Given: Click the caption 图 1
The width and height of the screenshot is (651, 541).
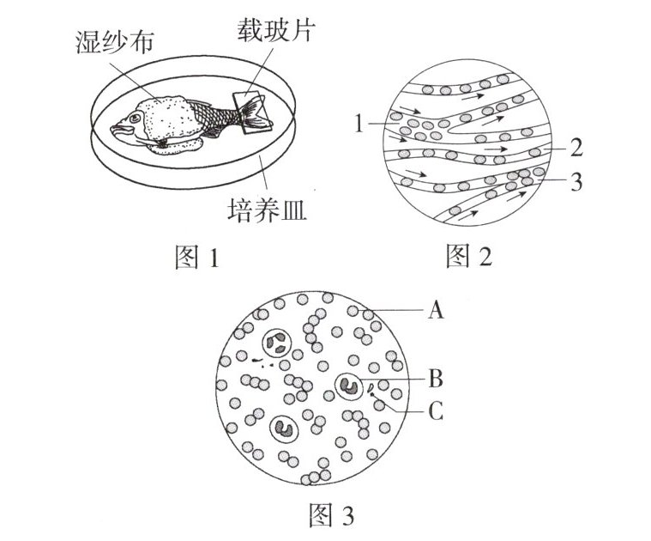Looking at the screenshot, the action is pyautogui.click(x=197, y=257).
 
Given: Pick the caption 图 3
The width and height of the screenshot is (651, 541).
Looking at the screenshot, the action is pyautogui.click(x=330, y=515).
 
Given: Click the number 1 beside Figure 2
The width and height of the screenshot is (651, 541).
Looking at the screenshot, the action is pyautogui.click(x=359, y=125).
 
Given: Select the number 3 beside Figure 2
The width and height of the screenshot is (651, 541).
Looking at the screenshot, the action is pyautogui.click(x=576, y=182).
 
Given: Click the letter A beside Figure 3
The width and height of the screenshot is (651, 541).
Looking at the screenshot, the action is pyautogui.click(x=436, y=309).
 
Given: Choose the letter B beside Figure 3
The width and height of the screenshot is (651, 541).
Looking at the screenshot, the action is pyautogui.click(x=436, y=378).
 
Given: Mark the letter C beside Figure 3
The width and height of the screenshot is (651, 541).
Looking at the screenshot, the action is pyautogui.click(x=436, y=412).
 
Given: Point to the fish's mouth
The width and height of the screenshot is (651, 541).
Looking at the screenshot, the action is pyautogui.click(x=116, y=131).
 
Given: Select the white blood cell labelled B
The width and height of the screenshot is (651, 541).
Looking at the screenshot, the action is pyautogui.click(x=349, y=386).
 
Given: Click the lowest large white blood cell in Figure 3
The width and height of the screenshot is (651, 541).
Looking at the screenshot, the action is pyautogui.click(x=283, y=427).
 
